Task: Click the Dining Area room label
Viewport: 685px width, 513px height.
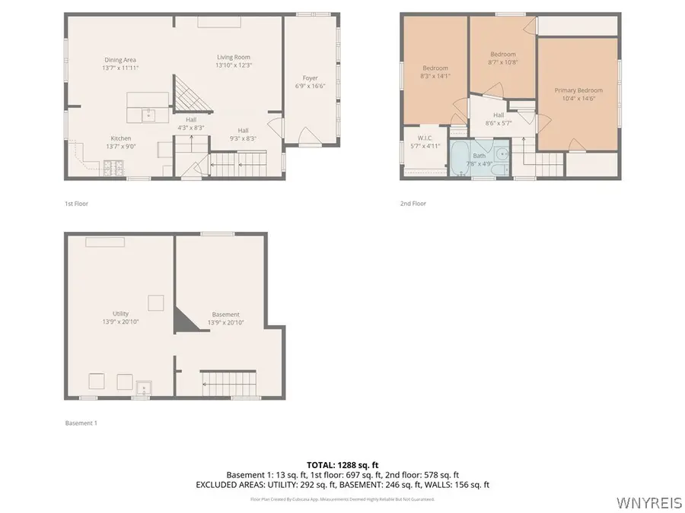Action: tap(121, 60)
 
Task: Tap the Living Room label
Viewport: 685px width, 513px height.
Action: tap(233, 57)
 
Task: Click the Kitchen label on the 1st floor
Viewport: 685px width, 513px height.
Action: tap(121, 138)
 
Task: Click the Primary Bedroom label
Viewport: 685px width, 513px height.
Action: tap(578, 90)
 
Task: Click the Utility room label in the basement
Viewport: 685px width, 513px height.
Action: tap(120, 313)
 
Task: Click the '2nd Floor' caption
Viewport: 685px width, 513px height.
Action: tap(413, 203)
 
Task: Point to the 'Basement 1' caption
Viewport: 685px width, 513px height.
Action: tap(81, 423)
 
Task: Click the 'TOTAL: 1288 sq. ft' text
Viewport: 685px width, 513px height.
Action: tap(342, 464)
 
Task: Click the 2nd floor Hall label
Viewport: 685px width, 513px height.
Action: tap(499, 115)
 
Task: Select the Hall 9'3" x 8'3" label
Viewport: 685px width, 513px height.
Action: tap(243, 130)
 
